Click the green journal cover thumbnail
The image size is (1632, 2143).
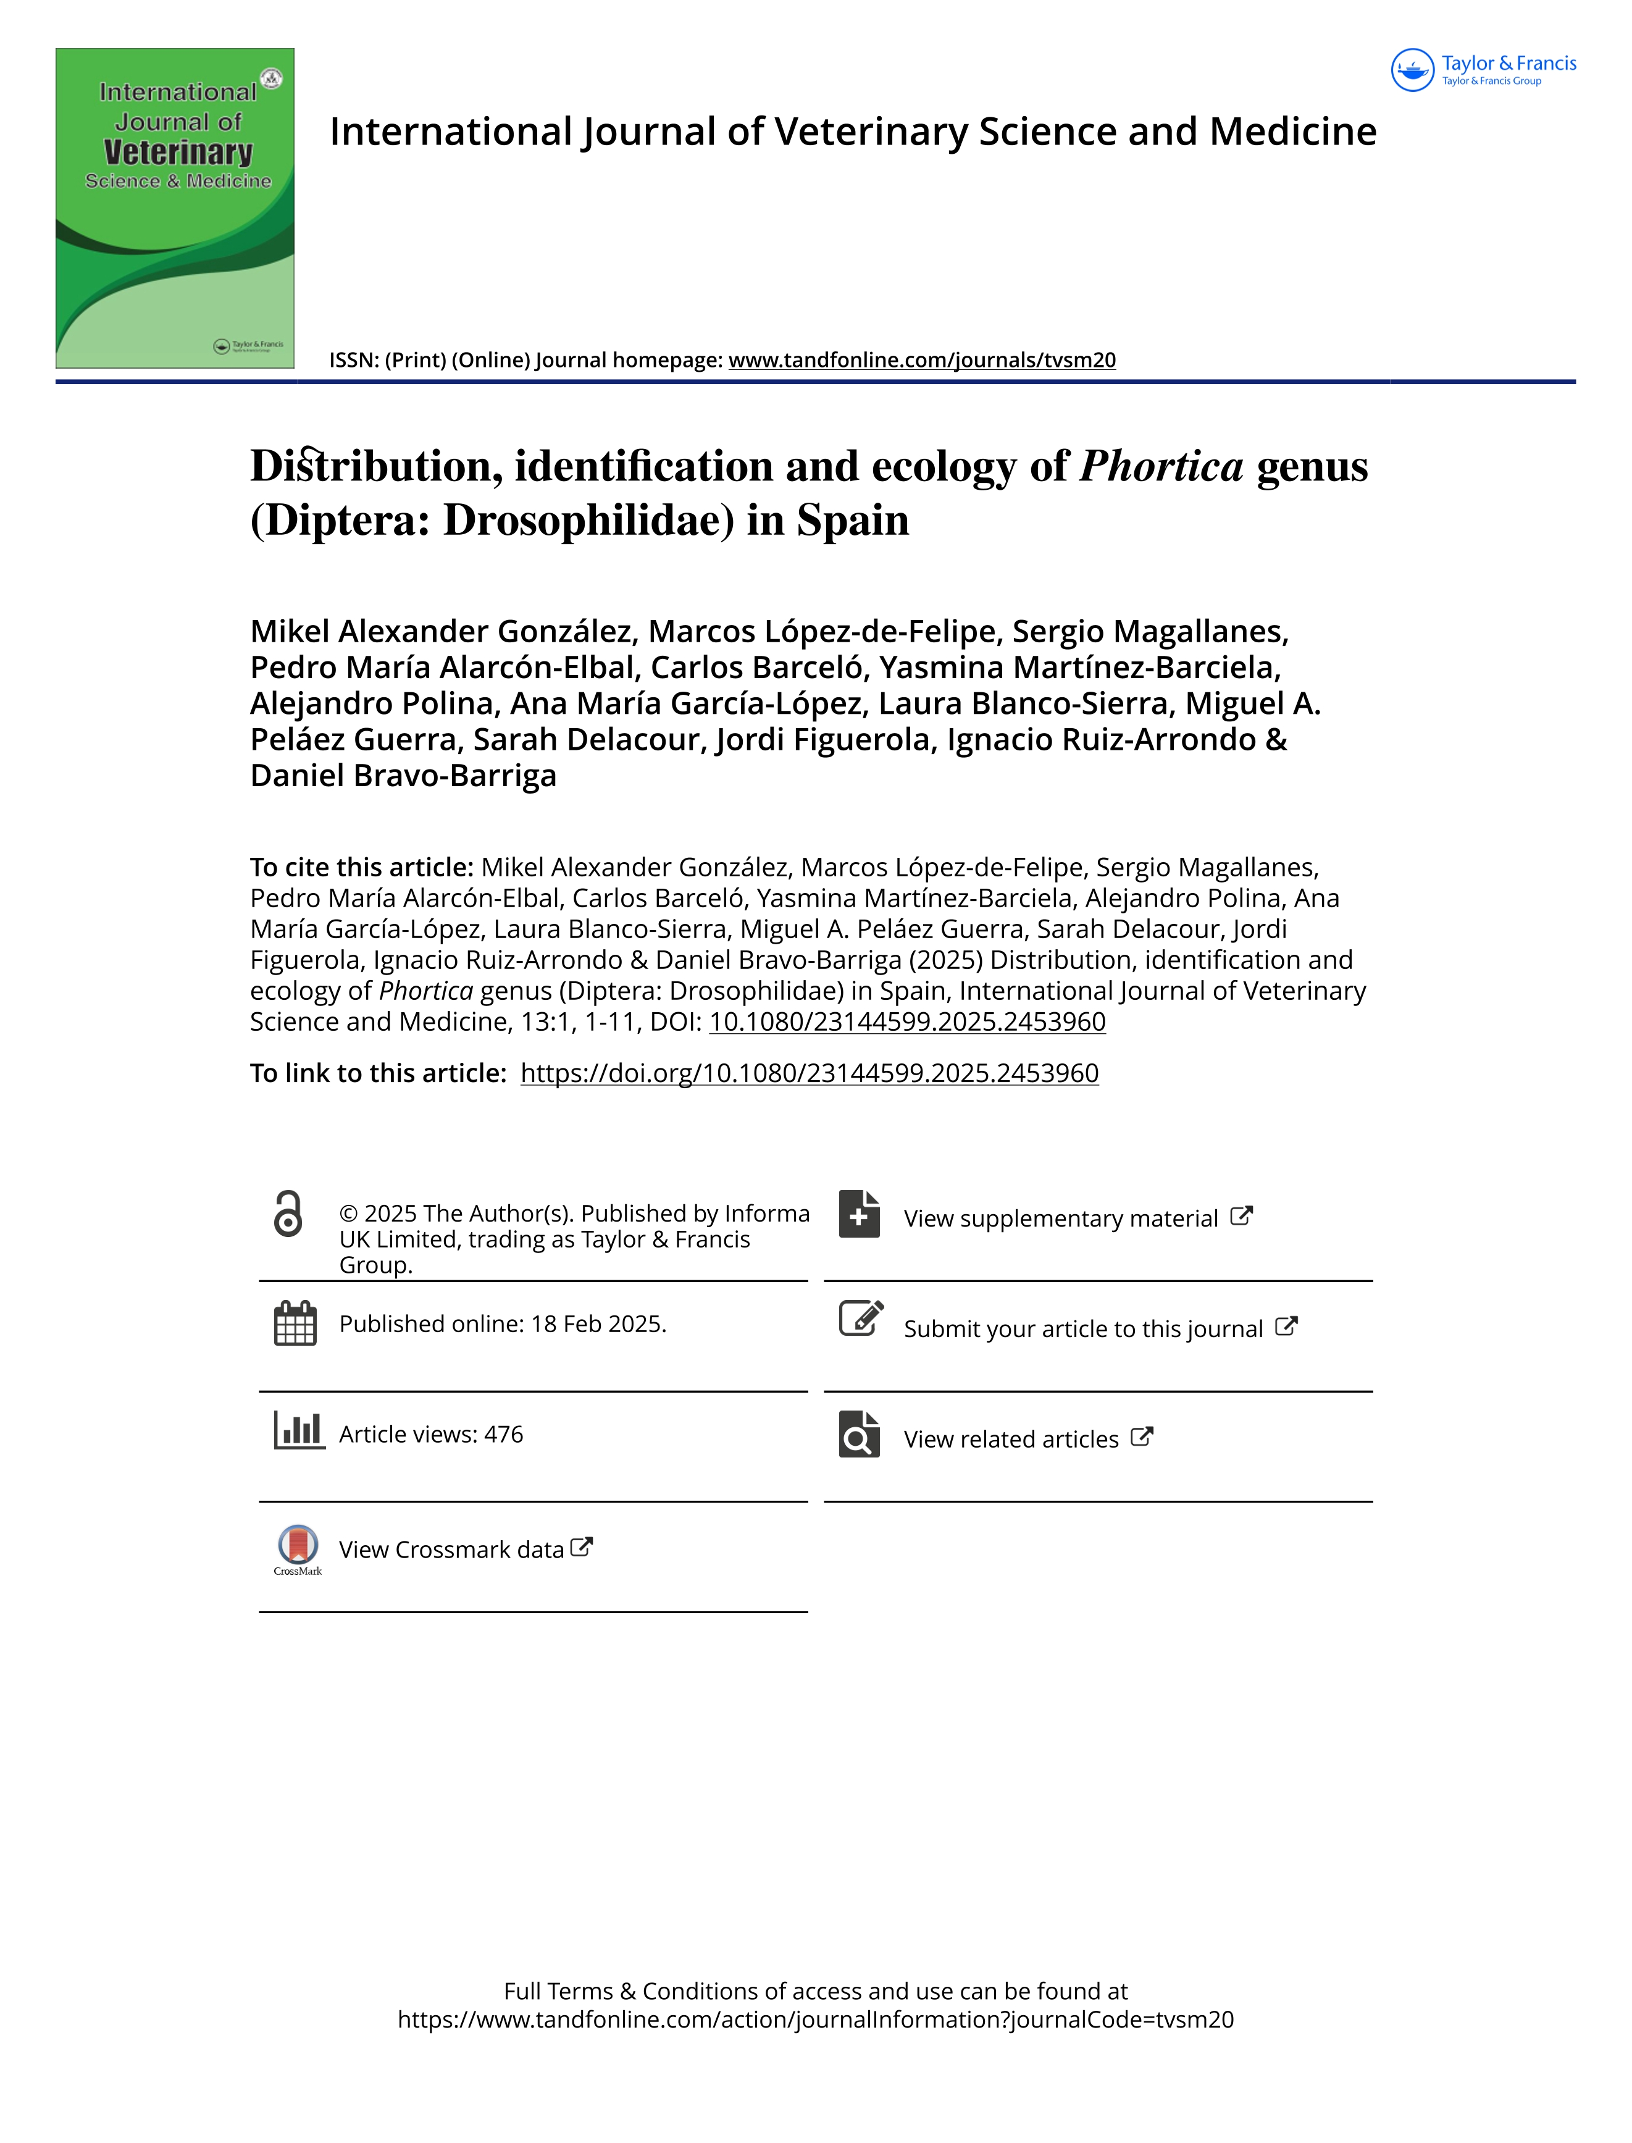[175, 208]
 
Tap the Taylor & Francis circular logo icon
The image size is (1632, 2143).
[1412, 70]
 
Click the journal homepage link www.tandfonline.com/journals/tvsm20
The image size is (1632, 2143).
[922, 361]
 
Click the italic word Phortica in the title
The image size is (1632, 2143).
[1161, 466]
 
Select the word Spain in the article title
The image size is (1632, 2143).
[853, 520]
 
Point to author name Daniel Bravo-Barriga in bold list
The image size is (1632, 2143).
[403, 775]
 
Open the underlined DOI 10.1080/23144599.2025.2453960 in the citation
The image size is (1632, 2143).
[907, 1022]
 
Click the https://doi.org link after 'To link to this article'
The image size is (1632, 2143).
[809, 1073]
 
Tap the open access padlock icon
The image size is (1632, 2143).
[288, 1214]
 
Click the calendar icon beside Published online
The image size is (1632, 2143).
[295, 1323]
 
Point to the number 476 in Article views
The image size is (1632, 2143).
[503, 1435]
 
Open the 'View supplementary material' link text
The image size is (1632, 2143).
[1061, 1219]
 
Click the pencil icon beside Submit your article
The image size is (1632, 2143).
[861, 1319]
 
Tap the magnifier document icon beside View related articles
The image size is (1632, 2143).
[859, 1435]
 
